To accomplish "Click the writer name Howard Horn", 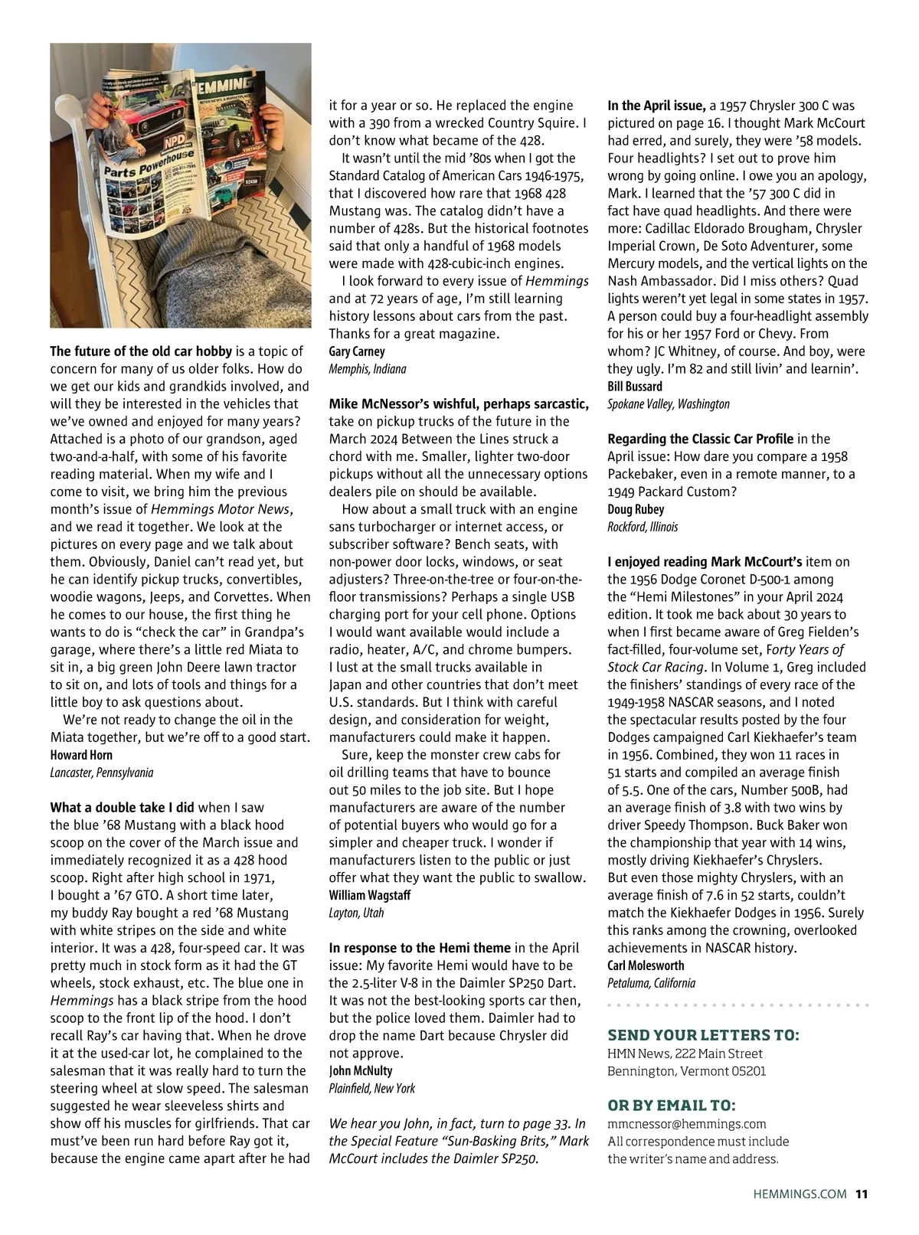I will tap(81, 755).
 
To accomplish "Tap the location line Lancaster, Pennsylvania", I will tap(101, 773).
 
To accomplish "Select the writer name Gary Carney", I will tap(357, 351).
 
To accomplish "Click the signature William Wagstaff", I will tap(370, 895).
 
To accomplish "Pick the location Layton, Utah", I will tap(356, 913).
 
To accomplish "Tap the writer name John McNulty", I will tap(360, 1070).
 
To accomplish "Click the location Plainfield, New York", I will tap(371, 1088).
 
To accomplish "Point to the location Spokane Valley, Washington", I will tap(668, 404).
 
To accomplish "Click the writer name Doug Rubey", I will tap(636, 509).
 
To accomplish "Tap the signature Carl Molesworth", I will tap(646, 965).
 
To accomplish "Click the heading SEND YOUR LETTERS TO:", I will tap(703, 1036).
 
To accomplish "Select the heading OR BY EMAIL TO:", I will tap(671, 1106).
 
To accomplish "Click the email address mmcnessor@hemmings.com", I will tap(686, 1124).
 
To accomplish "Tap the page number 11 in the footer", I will tap(862, 1193).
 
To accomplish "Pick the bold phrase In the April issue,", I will tap(656, 106).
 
